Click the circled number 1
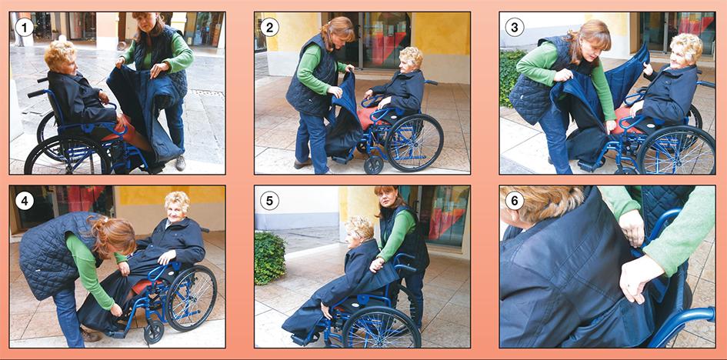coord(24,28)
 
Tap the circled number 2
coord(269,28)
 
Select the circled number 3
coord(514,28)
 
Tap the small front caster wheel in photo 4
coord(153,332)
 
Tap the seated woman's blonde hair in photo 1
coord(60,55)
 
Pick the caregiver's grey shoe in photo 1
coord(180,162)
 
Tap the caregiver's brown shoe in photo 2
coord(303,163)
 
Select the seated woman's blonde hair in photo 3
coord(686,45)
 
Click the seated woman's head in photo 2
coord(410,59)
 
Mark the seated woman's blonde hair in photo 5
coord(359,227)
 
